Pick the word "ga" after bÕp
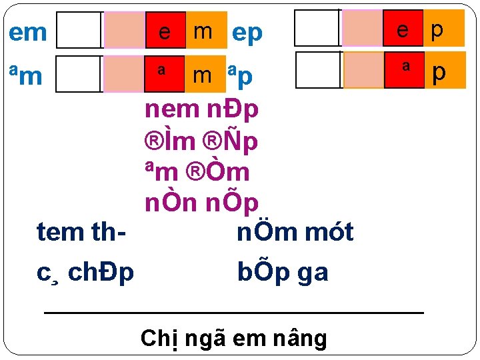[310, 272]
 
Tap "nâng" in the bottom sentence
[299, 339]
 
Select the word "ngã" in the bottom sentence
[203, 339]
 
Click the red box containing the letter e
[165, 31]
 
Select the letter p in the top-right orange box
[437, 29]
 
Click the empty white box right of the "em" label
[79, 31]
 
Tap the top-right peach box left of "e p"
[363, 29]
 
